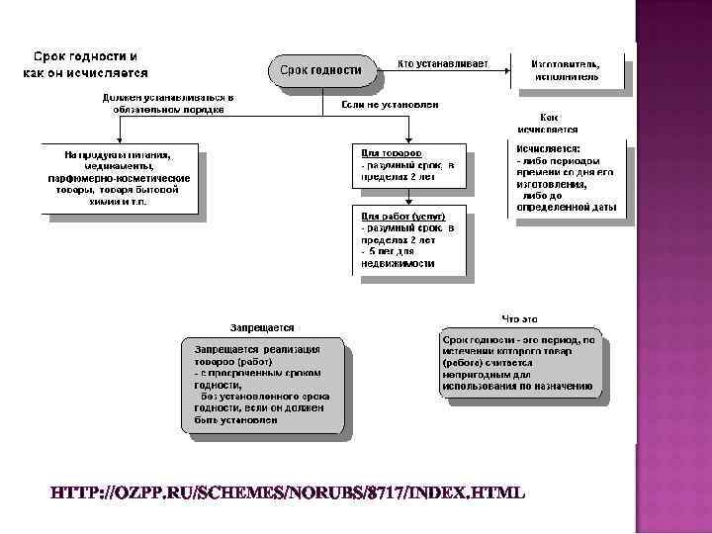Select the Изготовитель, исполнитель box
[567, 70]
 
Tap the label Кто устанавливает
[442, 64]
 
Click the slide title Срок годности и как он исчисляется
[87, 64]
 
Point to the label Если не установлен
[390, 104]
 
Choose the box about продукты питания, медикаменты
[119, 178]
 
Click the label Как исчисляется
[548, 123]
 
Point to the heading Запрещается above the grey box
[262, 327]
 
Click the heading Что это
[519, 318]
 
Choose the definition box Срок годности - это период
[519, 362]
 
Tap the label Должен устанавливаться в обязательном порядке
[167, 104]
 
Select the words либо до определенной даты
[568, 202]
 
